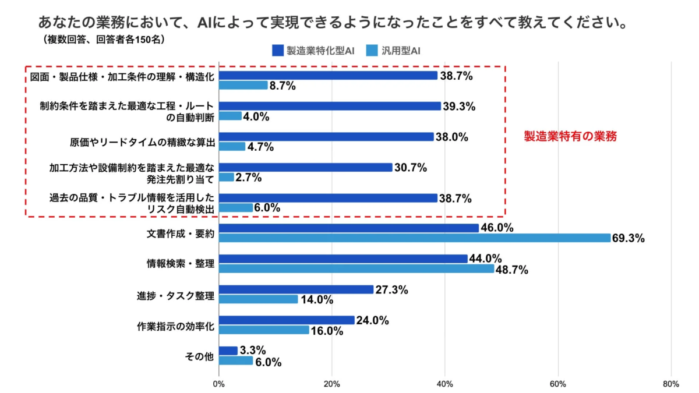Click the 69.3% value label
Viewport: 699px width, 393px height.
(629, 239)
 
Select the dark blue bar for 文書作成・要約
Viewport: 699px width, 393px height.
(348, 228)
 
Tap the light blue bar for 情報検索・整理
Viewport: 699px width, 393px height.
(356, 269)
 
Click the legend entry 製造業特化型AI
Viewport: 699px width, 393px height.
(313, 51)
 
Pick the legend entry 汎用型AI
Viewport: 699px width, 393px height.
(394, 51)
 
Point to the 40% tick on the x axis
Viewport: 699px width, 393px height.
(445, 384)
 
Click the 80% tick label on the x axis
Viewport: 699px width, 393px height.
(671, 384)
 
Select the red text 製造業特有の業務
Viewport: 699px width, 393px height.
(570, 137)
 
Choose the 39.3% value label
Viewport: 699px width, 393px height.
(460, 106)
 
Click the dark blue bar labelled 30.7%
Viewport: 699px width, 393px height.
(306, 167)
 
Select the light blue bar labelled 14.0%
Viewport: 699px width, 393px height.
(259, 299)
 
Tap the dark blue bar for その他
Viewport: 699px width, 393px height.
(228, 350)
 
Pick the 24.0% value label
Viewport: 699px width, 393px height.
(373, 320)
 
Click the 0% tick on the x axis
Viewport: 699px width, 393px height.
(219, 384)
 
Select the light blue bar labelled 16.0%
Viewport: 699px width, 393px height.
(264, 330)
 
